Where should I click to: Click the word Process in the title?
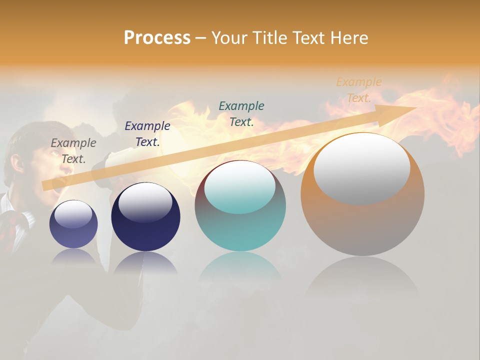pos(157,37)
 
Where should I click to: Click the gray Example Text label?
pos(73,150)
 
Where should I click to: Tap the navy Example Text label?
pos(147,133)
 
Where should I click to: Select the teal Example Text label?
pos(241,113)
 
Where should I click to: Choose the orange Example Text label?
pos(359,90)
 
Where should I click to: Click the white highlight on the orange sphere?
pos(361,169)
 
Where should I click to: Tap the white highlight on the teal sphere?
pos(239,188)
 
